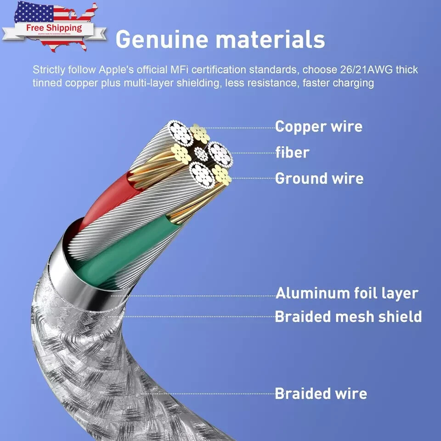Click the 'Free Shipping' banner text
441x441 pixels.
[x=54, y=28]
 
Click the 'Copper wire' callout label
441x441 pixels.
[x=319, y=126]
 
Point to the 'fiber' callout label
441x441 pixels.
[x=293, y=152]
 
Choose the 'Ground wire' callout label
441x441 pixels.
[x=319, y=178]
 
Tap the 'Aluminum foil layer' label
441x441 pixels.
[x=347, y=293]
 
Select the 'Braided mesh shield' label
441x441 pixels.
[x=348, y=317]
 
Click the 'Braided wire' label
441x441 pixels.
[x=321, y=394]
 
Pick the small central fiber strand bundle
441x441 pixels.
[x=201, y=154]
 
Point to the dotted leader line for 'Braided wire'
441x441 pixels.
[x=207, y=394]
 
